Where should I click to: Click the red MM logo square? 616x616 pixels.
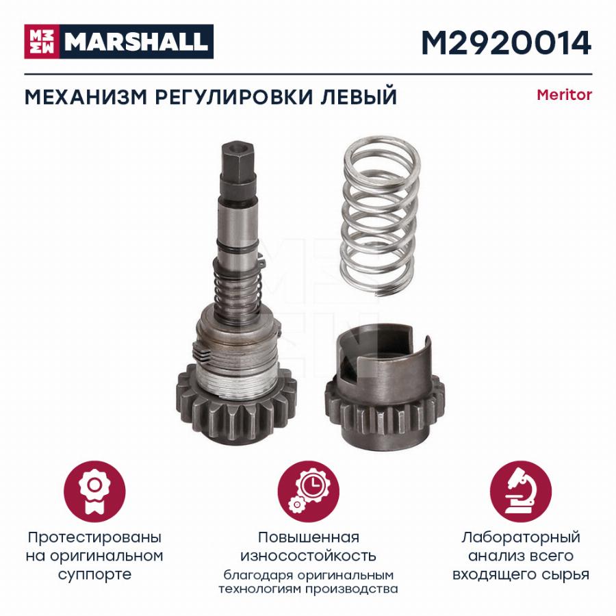point(42,42)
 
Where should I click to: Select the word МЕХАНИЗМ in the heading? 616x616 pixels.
point(86,97)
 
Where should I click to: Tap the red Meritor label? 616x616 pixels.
point(564,95)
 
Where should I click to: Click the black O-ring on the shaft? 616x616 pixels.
point(238,248)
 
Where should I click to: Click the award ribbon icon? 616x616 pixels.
point(94,492)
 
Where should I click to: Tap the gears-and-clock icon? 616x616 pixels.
point(309,492)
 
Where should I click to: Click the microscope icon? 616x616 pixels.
point(521,492)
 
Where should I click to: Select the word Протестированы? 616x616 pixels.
point(94,537)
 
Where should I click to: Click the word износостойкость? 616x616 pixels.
point(309,556)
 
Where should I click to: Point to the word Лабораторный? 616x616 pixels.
point(521,537)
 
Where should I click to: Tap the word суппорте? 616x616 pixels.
point(94,575)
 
